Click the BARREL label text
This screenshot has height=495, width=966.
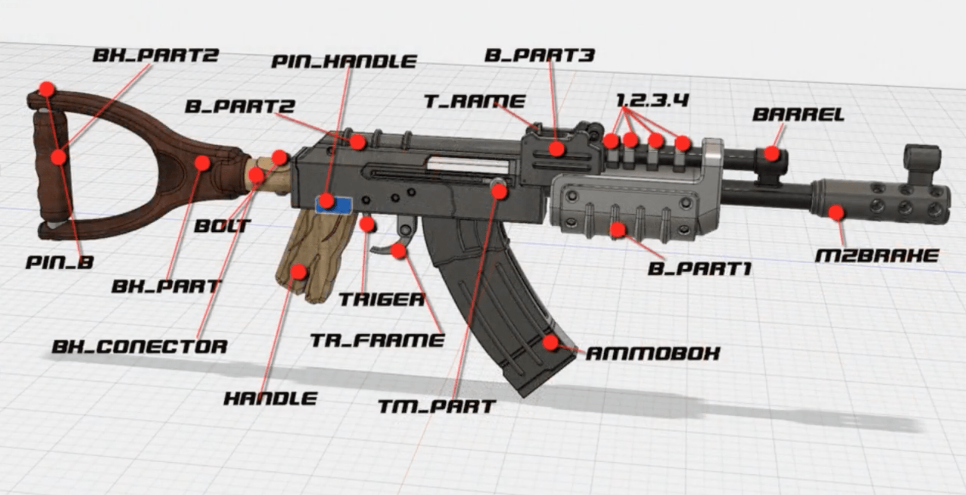(798, 114)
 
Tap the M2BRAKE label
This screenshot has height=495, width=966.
(877, 256)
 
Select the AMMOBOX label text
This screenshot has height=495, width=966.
(652, 354)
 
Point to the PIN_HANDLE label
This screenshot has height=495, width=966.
(344, 61)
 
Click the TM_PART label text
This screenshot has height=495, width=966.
(436, 407)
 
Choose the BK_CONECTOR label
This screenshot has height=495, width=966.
(140, 347)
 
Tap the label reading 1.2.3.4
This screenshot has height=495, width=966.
(652, 100)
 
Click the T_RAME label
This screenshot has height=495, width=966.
(474, 101)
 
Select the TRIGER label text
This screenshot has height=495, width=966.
(382, 300)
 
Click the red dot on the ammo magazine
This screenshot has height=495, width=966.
(550, 342)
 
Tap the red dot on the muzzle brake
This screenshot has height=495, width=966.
(836, 212)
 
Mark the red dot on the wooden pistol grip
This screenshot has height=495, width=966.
(299, 272)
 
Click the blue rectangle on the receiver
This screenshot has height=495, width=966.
(334, 205)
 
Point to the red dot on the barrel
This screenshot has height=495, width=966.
(772, 153)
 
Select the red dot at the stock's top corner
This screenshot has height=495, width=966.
(47, 89)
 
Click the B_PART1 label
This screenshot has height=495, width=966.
(699, 269)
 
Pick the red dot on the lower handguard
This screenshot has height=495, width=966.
(617, 229)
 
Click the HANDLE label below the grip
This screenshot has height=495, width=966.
(270, 398)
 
